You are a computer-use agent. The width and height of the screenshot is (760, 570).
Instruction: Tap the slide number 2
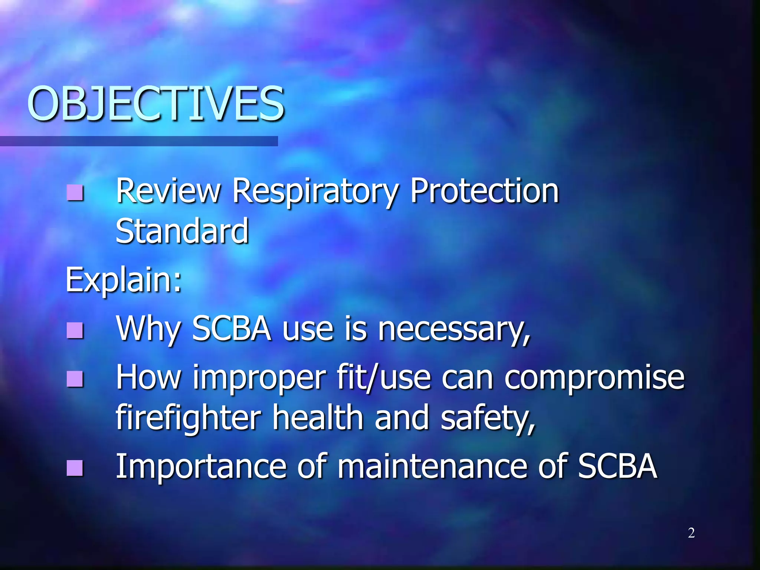[691, 533]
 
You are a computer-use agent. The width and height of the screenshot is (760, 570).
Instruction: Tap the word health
[318, 418]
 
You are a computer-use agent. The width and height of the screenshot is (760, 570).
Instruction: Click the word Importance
[201, 467]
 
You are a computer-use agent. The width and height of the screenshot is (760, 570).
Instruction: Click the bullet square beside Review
[75, 192]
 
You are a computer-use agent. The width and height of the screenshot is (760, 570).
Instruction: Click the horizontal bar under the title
[139, 141]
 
